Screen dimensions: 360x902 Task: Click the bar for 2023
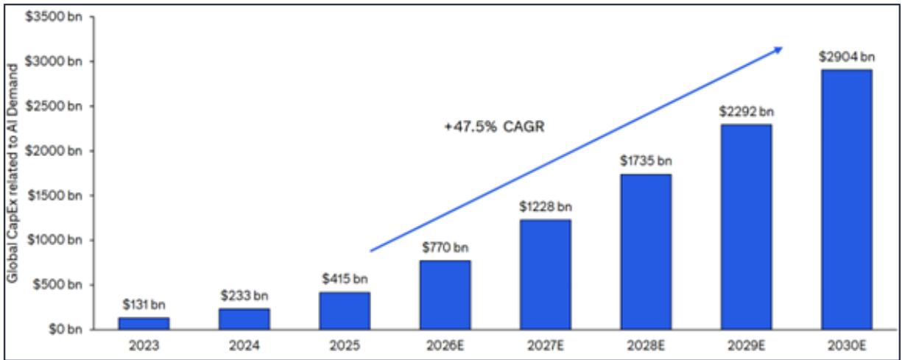click(143, 323)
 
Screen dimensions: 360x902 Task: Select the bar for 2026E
click(445, 294)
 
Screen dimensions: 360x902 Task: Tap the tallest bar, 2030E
click(847, 199)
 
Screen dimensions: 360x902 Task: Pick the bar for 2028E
click(646, 251)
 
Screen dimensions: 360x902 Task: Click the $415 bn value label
click(344, 279)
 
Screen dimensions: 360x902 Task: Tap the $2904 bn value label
click(847, 57)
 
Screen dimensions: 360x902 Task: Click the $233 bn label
click(244, 296)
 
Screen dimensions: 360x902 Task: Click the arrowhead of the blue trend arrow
click(778, 51)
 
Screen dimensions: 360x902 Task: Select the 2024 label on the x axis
click(244, 345)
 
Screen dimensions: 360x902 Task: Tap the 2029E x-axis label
click(746, 345)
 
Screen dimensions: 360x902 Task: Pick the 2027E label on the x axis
click(545, 345)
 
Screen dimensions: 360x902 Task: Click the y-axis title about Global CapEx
click(13, 173)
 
